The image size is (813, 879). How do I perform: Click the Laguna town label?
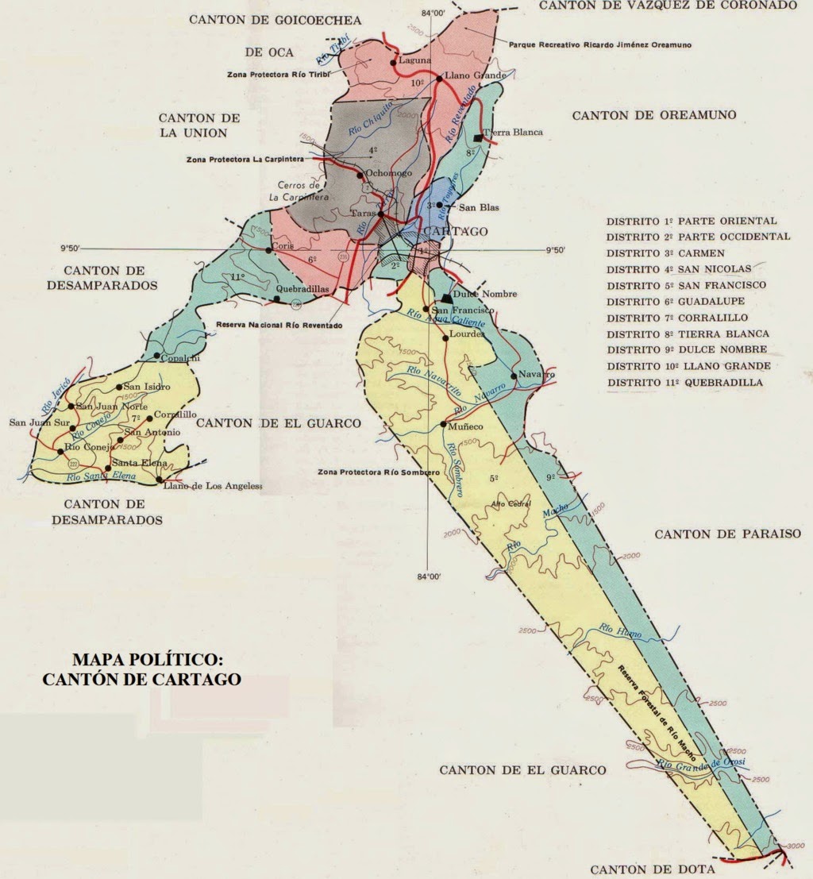click(417, 60)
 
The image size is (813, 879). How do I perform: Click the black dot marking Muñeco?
click(443, 426)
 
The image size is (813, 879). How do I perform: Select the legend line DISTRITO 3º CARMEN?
click(665, 253)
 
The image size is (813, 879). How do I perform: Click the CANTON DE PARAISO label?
click(727, 534)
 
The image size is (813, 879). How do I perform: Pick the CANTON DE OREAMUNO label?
click(653, 115)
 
